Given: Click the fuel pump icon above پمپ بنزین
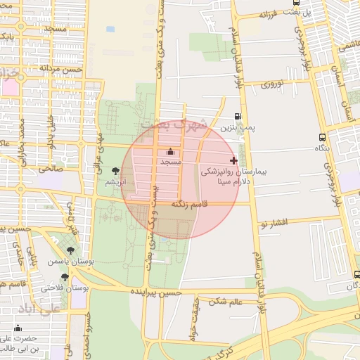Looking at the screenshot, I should coord(236,117).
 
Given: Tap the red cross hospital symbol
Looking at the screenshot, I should coord(234,160).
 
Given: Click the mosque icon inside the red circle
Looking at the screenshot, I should coord(170,151).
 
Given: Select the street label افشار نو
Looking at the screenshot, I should coord(274,223).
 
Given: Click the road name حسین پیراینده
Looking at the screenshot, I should coord(156,292).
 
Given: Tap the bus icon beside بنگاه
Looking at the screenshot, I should coord(322,137).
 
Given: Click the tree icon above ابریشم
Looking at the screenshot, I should coord(115,171).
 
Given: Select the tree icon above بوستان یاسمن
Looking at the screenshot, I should coord(70,250).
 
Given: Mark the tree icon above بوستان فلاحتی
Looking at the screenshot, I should coord(65,277).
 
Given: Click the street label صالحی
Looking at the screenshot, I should coord(51,169).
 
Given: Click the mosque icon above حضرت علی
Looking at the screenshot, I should coord(18,328).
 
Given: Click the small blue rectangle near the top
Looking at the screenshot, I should coord(110,30).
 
